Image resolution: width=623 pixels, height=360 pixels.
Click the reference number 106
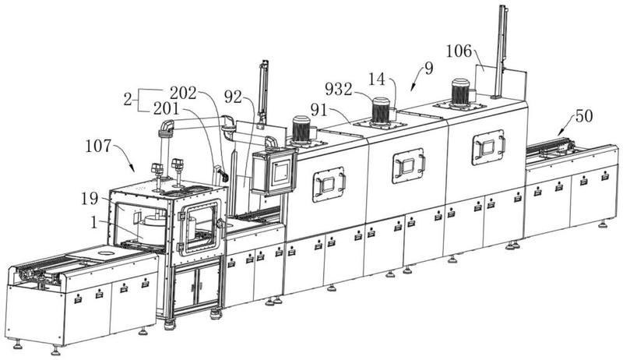coord(459,51)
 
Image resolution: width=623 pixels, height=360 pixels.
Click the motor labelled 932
coord(381,110)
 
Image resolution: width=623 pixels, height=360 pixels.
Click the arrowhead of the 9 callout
coord(412,90)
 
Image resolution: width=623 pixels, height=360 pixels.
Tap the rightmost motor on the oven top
coord(459,92)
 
